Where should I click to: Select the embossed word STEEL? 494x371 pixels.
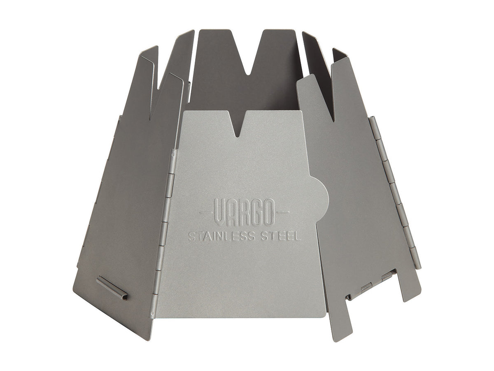pyautogui.click(x=283, y=237)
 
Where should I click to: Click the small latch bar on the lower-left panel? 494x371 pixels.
pyautogui.click(x=112, y=288)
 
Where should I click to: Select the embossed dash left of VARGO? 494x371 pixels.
pyautogui.click(x=206, y=212)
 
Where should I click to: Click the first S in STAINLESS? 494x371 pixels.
pyautogui.click(x=191, y=237)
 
